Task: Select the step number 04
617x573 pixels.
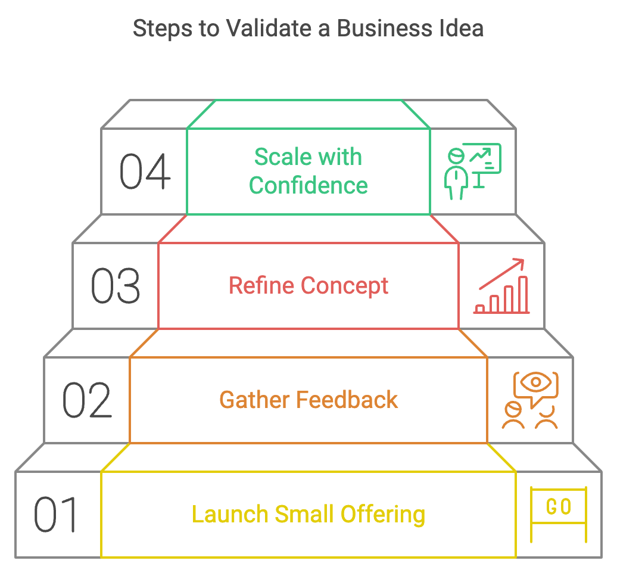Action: point(145,172)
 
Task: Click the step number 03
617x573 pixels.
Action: point(116,286)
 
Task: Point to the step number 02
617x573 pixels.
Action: point(88,400)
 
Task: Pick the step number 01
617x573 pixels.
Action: point(55,515)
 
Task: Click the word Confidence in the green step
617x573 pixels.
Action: point(308,185)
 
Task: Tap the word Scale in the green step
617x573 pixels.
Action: point(283,157)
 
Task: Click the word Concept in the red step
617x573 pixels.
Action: point(345,286)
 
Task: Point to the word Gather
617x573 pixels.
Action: point(254,400)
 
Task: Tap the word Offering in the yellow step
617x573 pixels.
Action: point(383,515)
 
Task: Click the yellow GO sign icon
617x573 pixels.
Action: point(559,515)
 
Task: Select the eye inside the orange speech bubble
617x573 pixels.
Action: point(536,382)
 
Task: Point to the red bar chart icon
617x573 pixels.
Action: point(501,295)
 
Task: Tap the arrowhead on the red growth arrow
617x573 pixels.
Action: point(520,263)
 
